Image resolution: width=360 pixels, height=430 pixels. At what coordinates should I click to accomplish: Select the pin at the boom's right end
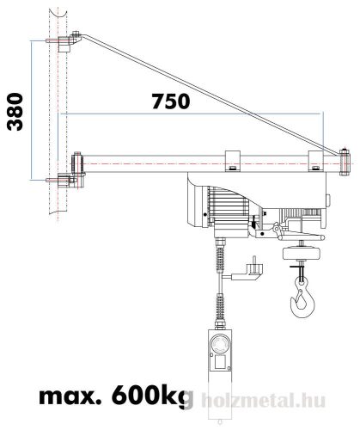point(344,157)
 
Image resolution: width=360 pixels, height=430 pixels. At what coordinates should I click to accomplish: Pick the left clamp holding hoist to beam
point(232,160)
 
